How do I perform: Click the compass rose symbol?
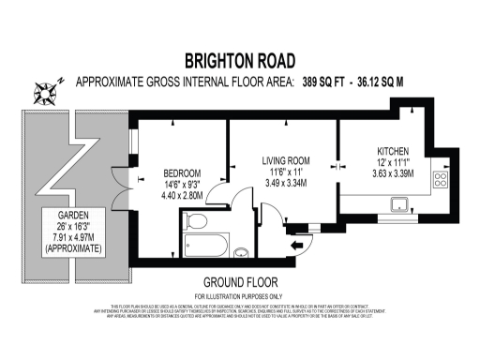[44, 92]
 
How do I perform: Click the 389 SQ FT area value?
[323, 82]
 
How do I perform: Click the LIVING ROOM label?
[286, 159]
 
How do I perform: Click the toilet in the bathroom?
[197, 222]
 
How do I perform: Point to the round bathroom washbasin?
[242, 251]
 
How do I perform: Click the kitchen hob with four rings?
[441, 177]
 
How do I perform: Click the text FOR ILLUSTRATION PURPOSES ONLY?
[240, 296]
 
